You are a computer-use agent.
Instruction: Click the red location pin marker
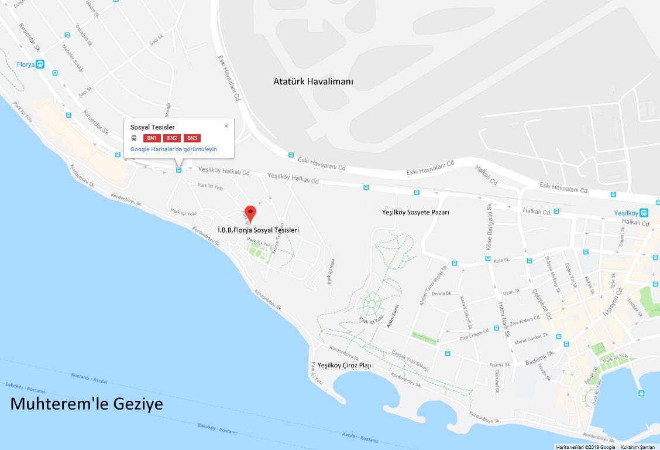(250, 214)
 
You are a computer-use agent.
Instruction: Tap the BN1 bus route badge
(152, 138)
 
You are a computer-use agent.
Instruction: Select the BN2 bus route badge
(171, 138)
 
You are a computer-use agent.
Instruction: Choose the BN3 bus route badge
(192, 138)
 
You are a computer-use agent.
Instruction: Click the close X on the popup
(226, 126)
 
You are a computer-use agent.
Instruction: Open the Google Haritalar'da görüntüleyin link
(173, 149)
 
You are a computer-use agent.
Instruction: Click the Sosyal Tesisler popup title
(152, 127)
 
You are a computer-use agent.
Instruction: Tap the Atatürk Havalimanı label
(313, 81)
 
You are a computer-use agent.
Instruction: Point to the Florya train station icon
(40, 64)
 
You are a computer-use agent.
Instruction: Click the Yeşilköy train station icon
(644, 213)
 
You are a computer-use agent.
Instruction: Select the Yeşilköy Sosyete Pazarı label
(415, 212)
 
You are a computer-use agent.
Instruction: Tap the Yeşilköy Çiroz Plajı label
(344, 365)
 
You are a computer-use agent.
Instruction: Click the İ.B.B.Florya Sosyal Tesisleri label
(257, 230)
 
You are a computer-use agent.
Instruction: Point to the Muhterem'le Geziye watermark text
(87, 404)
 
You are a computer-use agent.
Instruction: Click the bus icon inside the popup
(134, 138)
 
